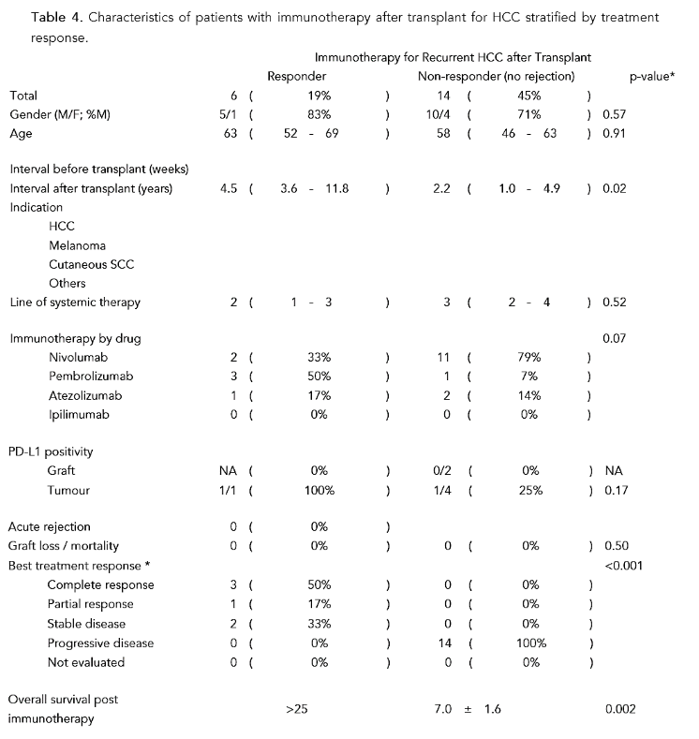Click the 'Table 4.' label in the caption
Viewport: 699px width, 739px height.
(35, 18)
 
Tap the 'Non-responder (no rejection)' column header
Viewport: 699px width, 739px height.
(496, 76)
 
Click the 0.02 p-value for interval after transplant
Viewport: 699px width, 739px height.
(615, 188)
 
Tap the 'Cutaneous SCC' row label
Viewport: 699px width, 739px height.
(92, 264)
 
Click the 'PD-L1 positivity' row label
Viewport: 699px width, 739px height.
(52, 452)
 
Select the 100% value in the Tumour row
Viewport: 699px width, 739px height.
(320, 490)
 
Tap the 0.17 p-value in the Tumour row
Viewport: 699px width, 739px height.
(615, 490)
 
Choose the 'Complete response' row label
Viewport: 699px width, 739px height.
(101, 585)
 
